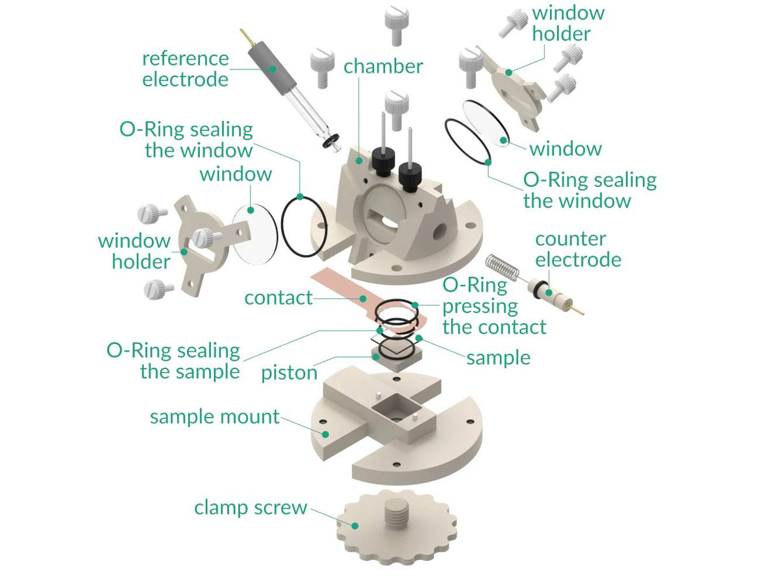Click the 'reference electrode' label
tap(185, 69)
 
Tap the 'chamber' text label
tap(383, 66)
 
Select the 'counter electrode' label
tap(578, 249)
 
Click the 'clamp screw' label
tap(250, 507)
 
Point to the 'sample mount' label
tap(214, 417)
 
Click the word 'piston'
tap(289, 372)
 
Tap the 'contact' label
tap(278, 298)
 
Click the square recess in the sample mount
tap(394, 410)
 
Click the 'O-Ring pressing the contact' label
tap(493, 306)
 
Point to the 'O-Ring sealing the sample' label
tap(173, 361)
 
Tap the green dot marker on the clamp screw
tap(355, 524)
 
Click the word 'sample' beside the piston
tap(498, 357)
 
